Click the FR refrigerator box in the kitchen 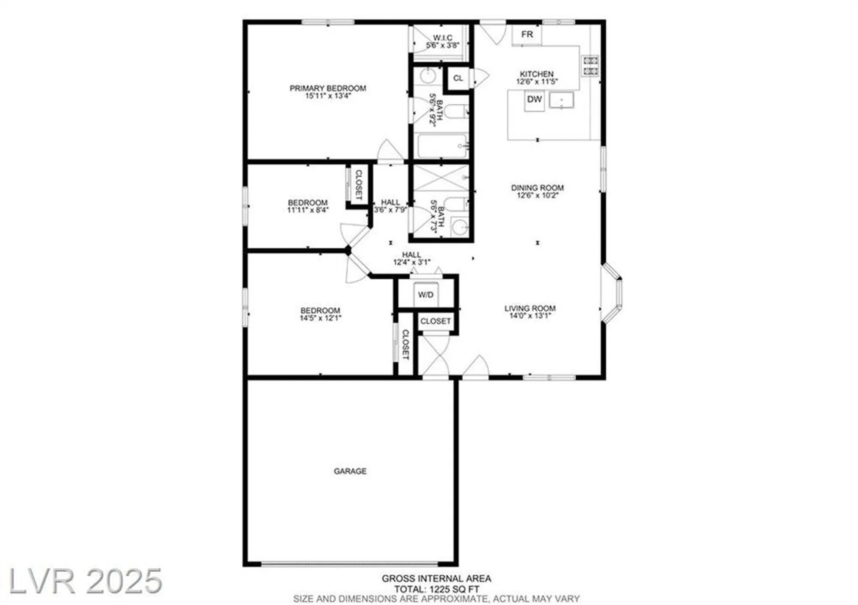point(527,34)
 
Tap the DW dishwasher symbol point(534,100)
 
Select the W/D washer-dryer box point(426,295)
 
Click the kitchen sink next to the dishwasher point(561,100)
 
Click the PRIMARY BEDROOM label point(328,88)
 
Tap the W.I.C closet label point(442,38)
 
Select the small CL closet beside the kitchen point(458,78)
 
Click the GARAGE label point(350,471)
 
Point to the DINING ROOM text point(537,188)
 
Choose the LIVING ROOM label point(530,309)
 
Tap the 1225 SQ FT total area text point(436,589)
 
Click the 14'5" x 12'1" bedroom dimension point(320,318)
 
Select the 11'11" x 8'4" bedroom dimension point(308,210)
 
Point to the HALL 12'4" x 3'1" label point(411,259)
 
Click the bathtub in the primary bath point(442,146)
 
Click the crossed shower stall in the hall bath point(441,178)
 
